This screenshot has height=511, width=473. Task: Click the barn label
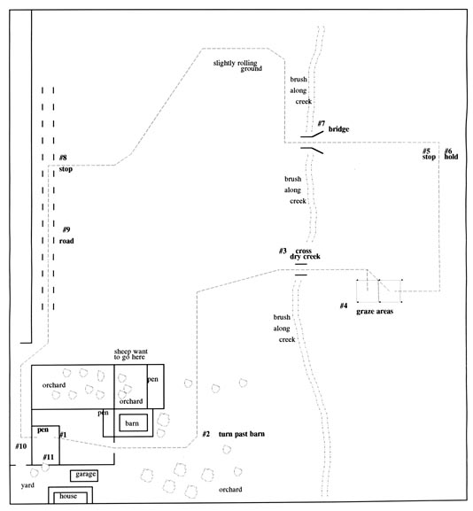click(x=132, y=423)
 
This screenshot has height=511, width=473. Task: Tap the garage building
click(x=84, y=476)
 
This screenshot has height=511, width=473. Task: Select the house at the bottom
click(x=70, y=495)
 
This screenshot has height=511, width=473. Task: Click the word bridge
click(x=338, y=129)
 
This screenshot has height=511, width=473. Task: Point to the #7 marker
click(x=322, y=123)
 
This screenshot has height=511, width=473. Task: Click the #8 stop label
click(x=66, y=163)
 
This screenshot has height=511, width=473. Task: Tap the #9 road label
click(x=66, y=236)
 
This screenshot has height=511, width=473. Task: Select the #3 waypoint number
click(x=283, y=251)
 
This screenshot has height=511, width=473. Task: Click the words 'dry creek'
click(x=305, y=257)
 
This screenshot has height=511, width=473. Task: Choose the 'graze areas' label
click(x=375, y=311)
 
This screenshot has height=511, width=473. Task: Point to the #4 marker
click(x=344, y=306)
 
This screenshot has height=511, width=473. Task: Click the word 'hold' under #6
click(x=451, y=157)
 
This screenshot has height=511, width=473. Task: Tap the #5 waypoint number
click(x=426, y=151)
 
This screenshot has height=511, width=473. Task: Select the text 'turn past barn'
click(x=242, y=434)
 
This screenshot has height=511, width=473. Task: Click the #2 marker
click(x=206, y=434)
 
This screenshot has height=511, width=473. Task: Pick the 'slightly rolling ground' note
click(x=237, y=66)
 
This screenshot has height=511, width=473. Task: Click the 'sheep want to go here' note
click(x=131, y=354)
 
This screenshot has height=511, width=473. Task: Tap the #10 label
click(x=21, y=446)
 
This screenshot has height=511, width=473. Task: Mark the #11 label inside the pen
click(x=48, y=457)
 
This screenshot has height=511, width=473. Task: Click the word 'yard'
click(x=27, y=485)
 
